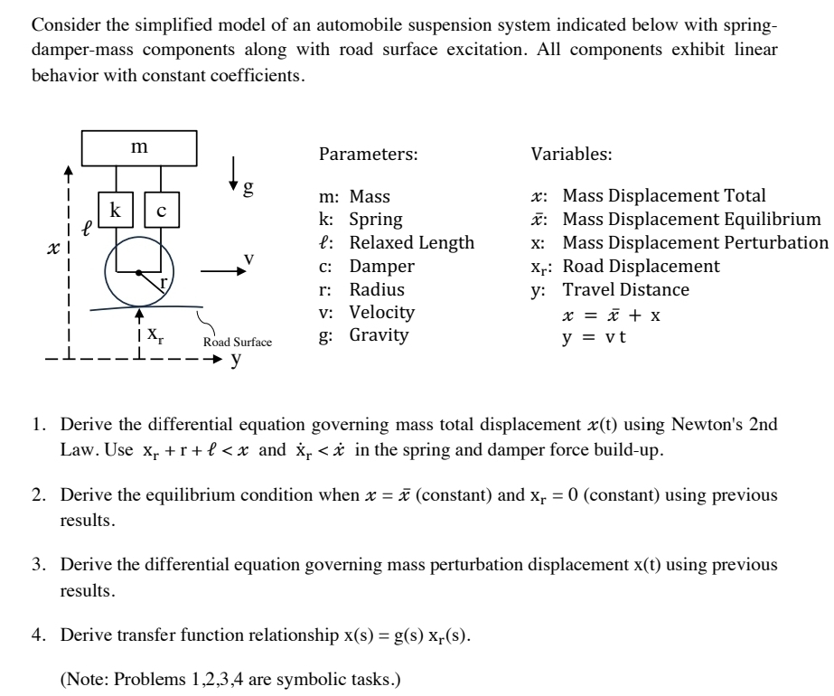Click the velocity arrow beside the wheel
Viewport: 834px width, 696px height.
coord(220,269)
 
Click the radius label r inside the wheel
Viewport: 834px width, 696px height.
coord(164,284)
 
